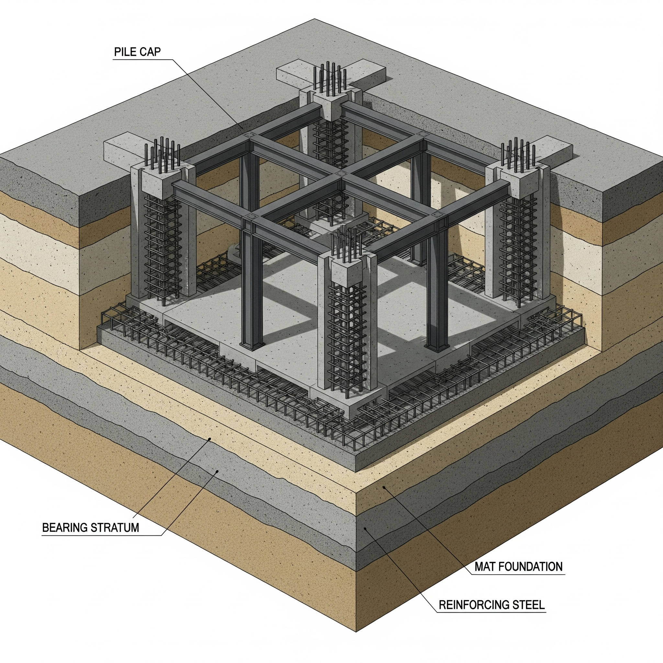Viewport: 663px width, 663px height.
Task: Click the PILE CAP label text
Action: (137, 52)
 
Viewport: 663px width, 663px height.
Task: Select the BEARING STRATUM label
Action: (91, 527)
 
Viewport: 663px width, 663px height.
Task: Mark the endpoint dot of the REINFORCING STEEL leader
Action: (366, 529)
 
